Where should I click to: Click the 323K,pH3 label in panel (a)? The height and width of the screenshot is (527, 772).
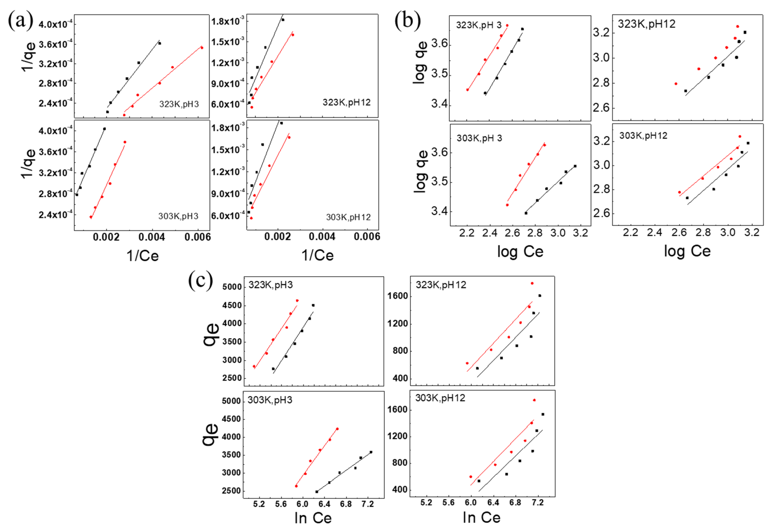point(179,104)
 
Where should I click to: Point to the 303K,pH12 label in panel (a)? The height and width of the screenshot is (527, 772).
point(348,217)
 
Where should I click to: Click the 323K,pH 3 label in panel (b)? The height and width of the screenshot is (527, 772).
point(479,25)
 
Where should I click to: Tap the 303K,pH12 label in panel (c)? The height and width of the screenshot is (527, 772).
point(440,398)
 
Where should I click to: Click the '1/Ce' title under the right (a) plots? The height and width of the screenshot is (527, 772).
point(317,255)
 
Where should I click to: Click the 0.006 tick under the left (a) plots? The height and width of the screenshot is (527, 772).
point(198,237)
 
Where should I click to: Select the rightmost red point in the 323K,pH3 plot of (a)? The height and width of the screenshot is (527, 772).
point(202,47)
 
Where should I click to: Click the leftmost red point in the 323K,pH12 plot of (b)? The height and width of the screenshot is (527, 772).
point(676,84)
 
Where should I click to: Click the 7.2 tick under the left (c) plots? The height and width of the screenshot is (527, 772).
point(367,504)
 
